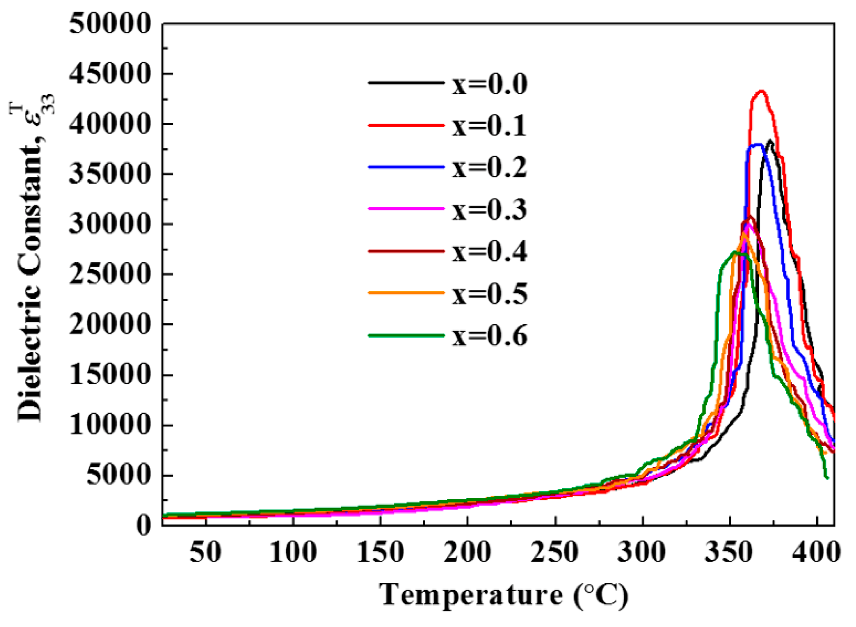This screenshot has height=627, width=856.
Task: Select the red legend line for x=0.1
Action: (406, 126)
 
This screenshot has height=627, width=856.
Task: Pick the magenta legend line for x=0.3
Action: (406, 209)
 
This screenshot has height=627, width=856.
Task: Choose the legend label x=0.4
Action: (490, 252)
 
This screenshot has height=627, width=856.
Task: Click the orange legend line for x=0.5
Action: (406, 293)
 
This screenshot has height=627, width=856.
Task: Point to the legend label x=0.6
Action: (490, 336)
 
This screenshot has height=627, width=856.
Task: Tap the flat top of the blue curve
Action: (755, 145)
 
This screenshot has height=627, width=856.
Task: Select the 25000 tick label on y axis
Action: (110, 274)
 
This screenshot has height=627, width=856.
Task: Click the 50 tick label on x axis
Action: (205, 552)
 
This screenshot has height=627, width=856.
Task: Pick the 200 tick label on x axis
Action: (467, 552)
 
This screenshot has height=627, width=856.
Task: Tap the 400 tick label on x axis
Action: (816, 552)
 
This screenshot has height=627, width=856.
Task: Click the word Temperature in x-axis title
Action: (471, 595)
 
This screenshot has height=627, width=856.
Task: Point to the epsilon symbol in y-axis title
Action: (37, 118)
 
